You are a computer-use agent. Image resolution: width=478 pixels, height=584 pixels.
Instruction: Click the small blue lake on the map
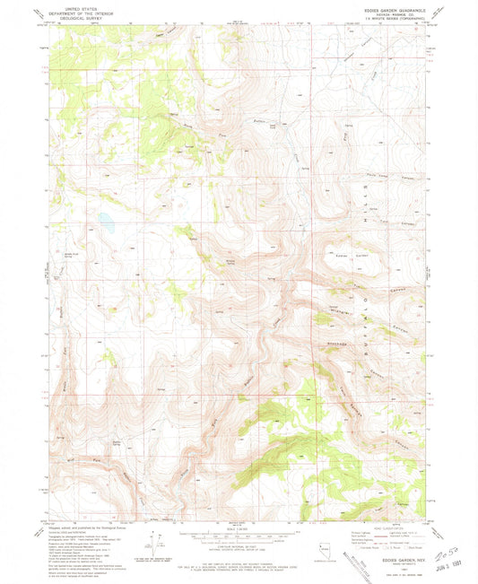coord(105,218)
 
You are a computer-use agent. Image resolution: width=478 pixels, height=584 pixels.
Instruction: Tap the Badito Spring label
coord(116,443)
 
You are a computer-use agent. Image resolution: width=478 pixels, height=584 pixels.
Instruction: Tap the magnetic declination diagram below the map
coord(162,540)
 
